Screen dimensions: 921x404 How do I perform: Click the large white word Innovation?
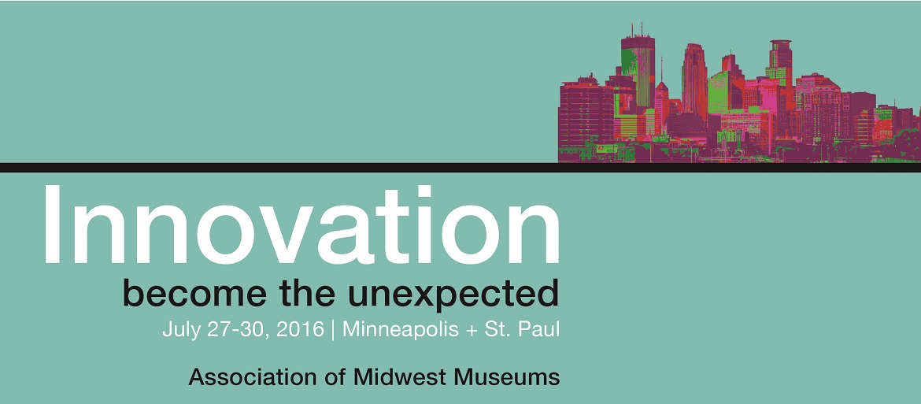pyautogui.click(x=301, y=225)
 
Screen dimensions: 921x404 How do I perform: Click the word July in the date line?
pyautogui.click(x=178, y=329)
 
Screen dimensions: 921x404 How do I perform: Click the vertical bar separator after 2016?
pyautogui.click(x=334, y=330)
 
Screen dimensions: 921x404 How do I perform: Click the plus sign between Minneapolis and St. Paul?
pyautogui.click(x=472, y=331)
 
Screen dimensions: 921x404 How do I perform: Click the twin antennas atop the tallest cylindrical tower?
pyautogui.click(x=637, y=29)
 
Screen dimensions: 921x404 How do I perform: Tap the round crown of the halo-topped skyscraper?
pyautogui.click(x=781, y=46)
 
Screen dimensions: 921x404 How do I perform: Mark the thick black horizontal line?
pyautogui.click(x=460, y=168)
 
